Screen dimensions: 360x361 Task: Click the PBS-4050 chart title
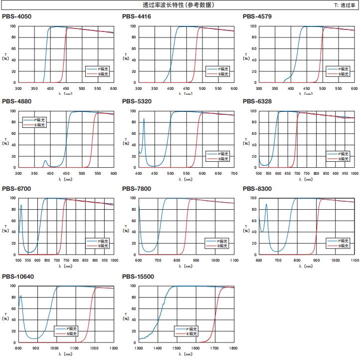[x=16, y=16]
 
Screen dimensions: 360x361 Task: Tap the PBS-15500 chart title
[x=139, y=277]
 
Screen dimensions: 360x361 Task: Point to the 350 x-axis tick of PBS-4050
[x=34, y=88]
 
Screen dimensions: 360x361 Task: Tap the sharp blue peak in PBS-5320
[x=144, y=119]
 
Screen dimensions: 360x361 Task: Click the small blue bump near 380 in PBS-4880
[x=45, y=161]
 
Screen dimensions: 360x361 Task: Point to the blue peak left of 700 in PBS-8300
[x=266, y=204]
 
